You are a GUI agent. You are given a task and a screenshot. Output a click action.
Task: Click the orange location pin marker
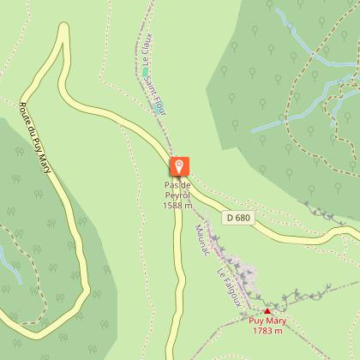pos(179,166)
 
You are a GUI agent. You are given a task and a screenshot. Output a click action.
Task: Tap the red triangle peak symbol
pos(267,311)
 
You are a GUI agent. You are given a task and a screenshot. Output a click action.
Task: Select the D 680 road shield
pos(240,218)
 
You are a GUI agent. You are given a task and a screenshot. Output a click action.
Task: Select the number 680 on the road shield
pos(243,218)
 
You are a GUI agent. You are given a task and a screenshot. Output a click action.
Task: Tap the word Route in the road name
pos(25,115)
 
